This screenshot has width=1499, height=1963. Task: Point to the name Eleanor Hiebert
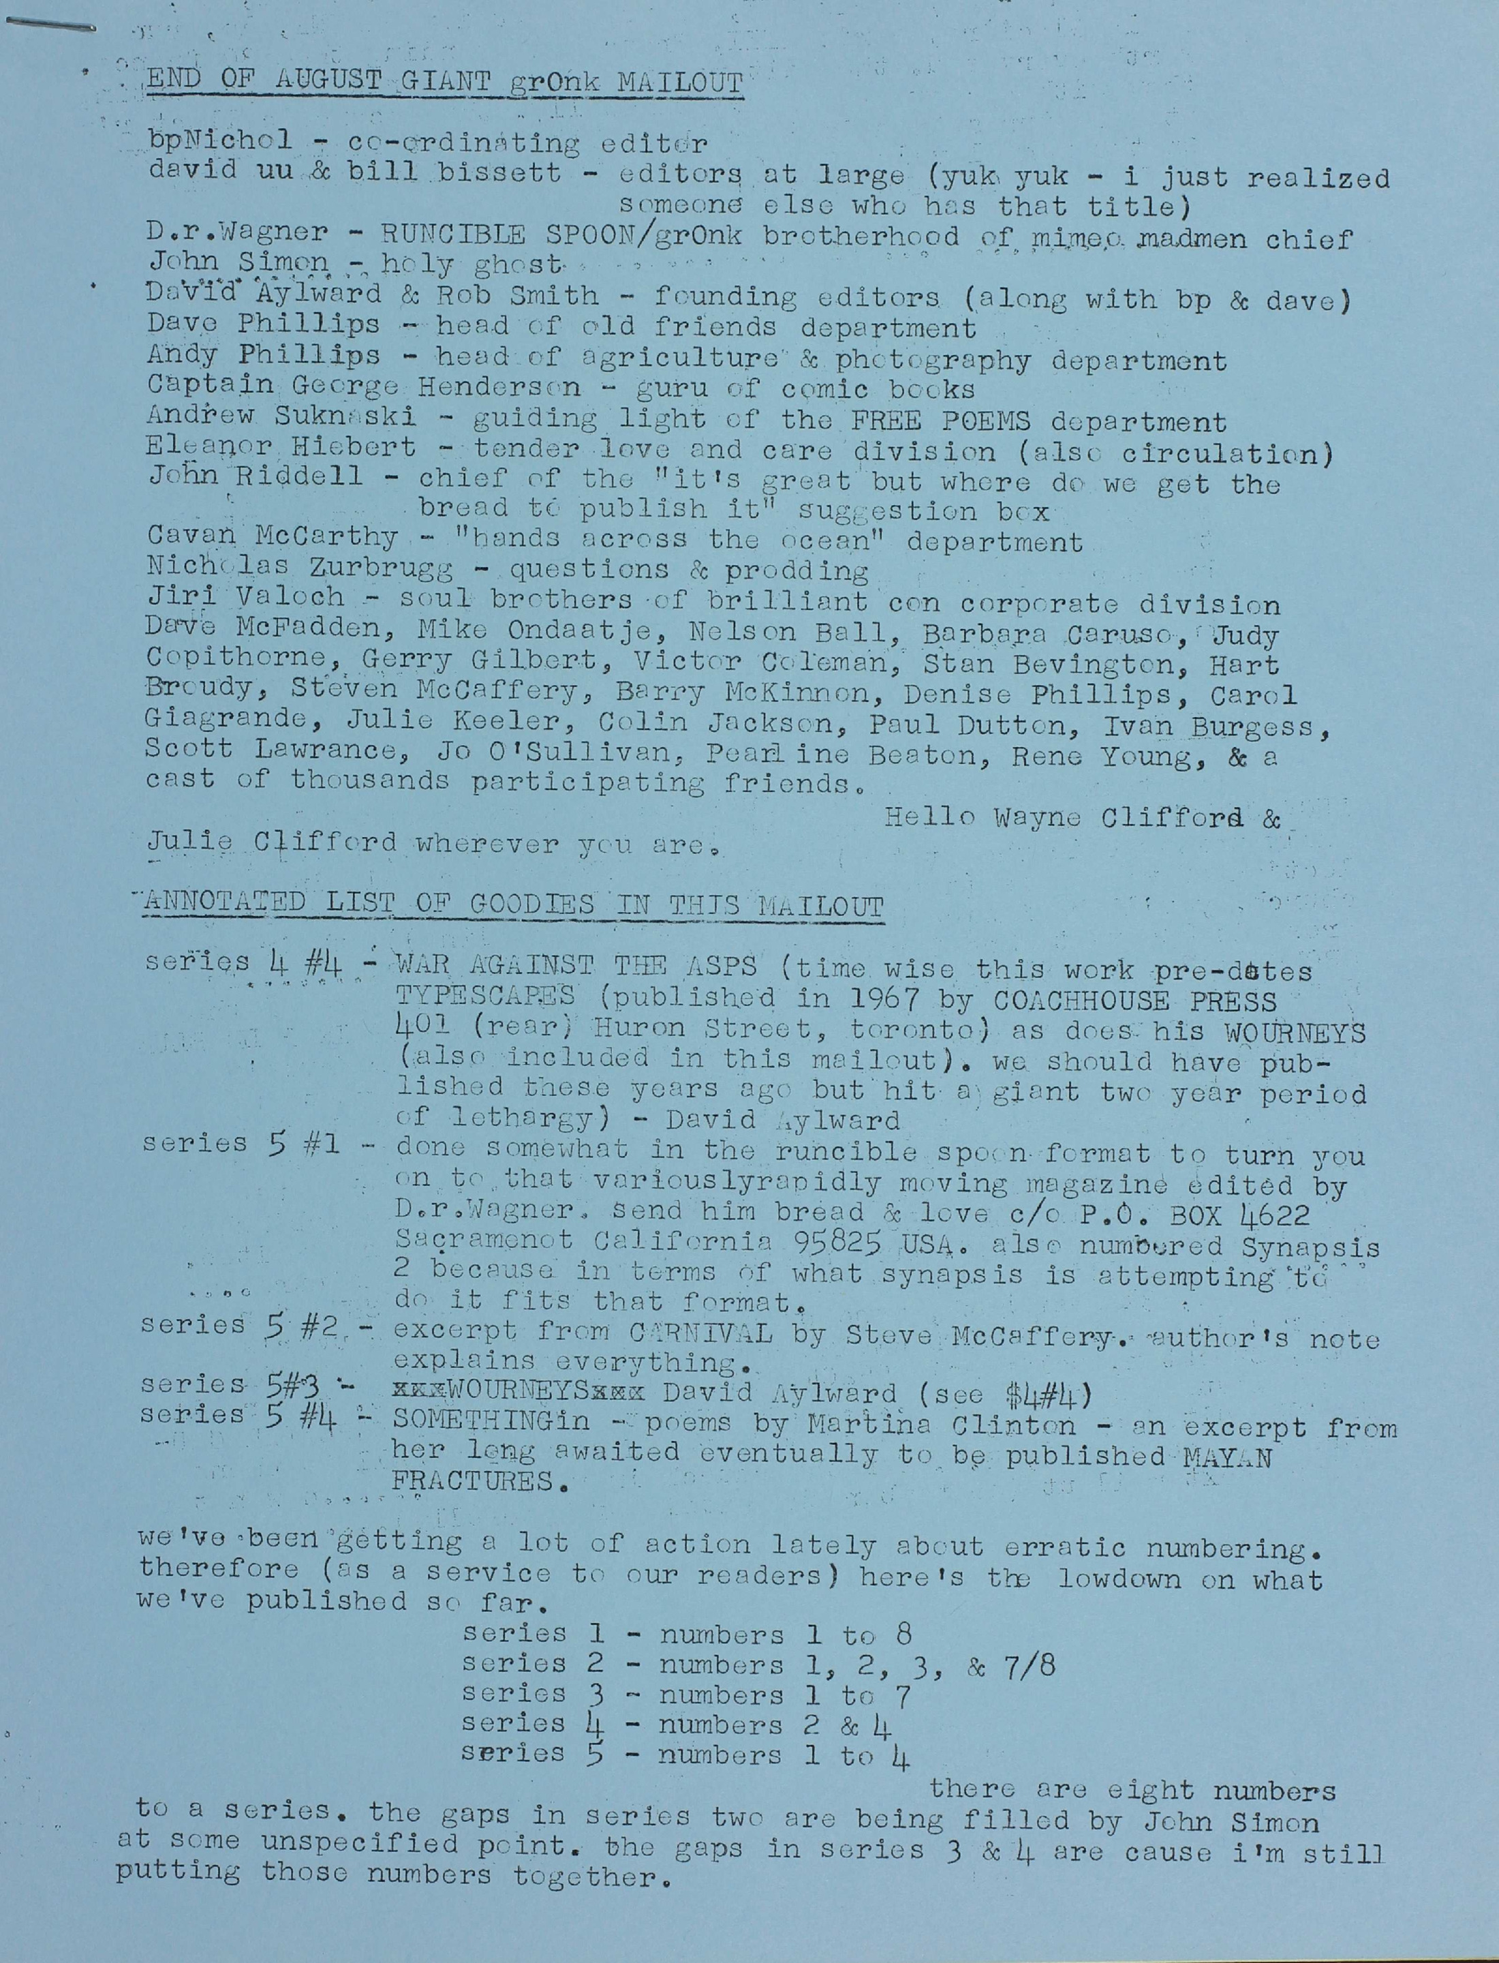[281, 446]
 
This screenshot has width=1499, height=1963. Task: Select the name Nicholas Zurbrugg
[299, 568]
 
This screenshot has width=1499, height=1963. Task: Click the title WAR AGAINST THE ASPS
[576, 966]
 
